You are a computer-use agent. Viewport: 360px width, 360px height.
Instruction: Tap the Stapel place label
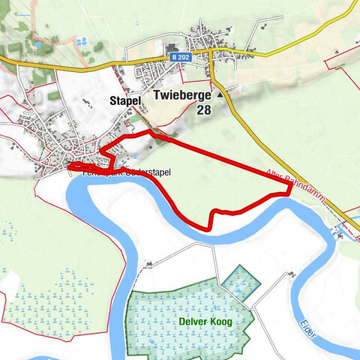point(124,99)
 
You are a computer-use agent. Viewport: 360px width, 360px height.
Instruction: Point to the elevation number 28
point(204,109)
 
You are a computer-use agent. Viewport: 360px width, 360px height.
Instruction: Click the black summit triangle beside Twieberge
point(220,95)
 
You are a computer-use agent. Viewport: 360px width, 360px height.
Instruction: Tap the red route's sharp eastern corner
point(289,192)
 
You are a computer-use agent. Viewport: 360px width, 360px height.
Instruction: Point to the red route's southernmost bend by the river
point(208,226)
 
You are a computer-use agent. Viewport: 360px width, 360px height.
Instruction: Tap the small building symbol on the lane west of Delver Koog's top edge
point(149,264)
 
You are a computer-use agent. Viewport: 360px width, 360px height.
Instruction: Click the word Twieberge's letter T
point(156,95)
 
